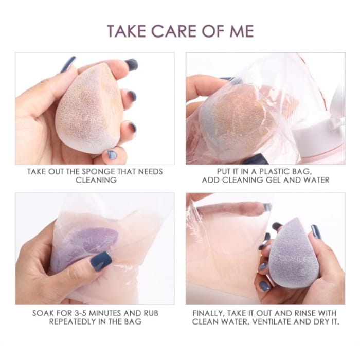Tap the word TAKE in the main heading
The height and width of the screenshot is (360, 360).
(127, 31)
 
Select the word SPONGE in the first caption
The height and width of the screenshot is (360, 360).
(99, 171)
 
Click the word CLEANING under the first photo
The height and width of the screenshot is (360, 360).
(96, 180)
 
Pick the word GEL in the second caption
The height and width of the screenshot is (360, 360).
(273, 180)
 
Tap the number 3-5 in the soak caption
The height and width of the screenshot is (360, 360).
(81, 313)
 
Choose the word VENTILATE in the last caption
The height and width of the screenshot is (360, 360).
(272, 321)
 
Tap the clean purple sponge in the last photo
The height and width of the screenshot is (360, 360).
(291, 252)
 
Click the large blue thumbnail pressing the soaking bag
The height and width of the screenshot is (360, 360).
(101, 261)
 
